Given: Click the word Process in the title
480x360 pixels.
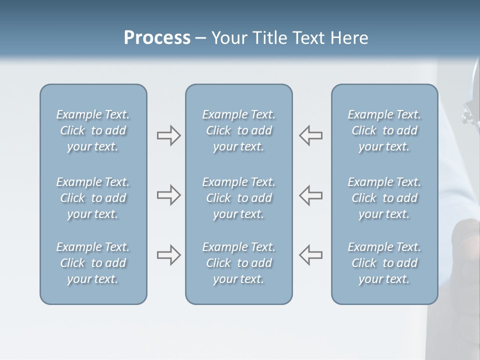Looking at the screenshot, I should click(x=157, y=38).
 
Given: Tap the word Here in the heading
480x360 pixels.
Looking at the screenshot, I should click(x=348, y=38).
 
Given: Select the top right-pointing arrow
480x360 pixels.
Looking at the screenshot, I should click(x=168, y=135).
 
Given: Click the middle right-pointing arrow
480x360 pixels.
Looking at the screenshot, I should click(x=168, y=195).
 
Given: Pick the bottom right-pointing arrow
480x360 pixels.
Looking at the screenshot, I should click(x=168, y=255).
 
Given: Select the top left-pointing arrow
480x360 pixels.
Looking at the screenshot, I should click(x=311, y=135).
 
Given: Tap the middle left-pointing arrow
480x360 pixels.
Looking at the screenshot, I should click(x=311, y=195).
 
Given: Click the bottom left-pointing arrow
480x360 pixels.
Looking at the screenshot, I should click(x=311, y=255).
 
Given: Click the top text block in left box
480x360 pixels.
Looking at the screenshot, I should click(x=93, y=130).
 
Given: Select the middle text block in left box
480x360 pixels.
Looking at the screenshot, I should click(x=93, y=198).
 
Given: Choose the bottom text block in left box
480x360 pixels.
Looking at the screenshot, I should click(x=93, y=263).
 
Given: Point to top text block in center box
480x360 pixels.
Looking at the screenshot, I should click(x=239, y=130).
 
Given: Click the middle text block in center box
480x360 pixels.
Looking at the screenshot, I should click(x=239, y=198).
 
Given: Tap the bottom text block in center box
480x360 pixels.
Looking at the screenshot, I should click(x=239, y=263).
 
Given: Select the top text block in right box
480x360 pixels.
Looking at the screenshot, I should click(x=384, y=130).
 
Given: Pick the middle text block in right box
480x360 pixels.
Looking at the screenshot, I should click(x=384, y=198).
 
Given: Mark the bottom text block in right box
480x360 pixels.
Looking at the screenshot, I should click(x=384, y=263).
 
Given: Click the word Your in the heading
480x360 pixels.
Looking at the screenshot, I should click(x=229, y=38).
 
